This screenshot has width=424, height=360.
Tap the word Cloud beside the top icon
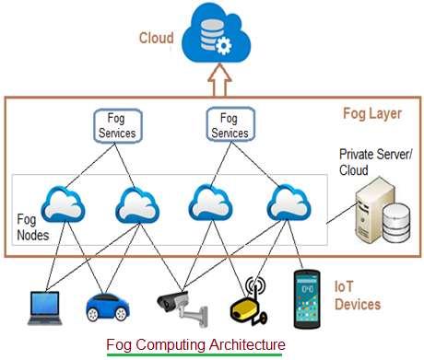pyautogui.click(x=156, y=38)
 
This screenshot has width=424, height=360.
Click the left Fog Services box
pyautogui.click(x=118, y=126)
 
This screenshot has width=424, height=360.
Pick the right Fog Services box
pyautogui.click(x=230, y=126)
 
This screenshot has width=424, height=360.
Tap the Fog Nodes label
pyautogui.click(x=35, y=229)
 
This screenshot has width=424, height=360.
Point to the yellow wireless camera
pyautogui.click(x=250, y=301)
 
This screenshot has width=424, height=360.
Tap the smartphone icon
pyautogui.click(x=308, y=299)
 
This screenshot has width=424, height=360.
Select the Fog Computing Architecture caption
pyautogui.click(x=195, y=344)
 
